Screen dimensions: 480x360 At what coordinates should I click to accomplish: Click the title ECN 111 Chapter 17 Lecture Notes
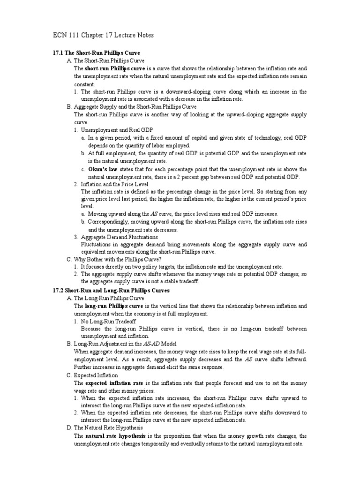click(103, 35)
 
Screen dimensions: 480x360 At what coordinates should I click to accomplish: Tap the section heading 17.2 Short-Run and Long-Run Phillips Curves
click(112, 291)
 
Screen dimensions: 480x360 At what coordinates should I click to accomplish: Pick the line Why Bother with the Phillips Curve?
click(121, 259)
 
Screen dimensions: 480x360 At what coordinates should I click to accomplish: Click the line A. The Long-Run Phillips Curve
click(106, 298)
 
